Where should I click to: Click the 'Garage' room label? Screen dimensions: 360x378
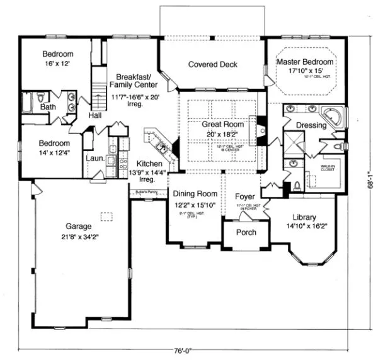[x=79, y=226]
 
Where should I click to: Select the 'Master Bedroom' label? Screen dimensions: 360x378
[x=306, y=62]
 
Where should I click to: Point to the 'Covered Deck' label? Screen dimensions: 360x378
[x=212, y=64]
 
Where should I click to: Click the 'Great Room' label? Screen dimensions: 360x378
[x=222, y=125]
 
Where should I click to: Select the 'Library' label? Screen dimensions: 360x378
[x=305, y=217]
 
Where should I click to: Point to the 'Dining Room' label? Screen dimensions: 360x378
[x=196, y=194]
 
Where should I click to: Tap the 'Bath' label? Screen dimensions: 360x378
[x=49, y=108]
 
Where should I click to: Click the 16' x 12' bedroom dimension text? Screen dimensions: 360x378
[x=57, y=64]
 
